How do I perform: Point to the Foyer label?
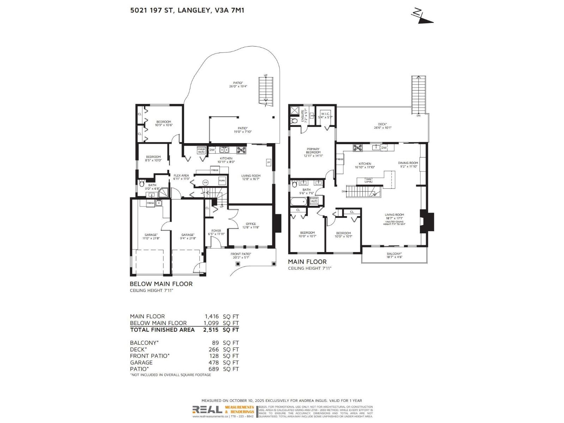[x=216, y=232]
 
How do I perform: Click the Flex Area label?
[x=181, y=177]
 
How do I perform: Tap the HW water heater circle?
[x=206, y=182]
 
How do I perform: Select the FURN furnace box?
[x=222, y=180]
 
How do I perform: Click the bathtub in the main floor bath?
[x=299, y=202]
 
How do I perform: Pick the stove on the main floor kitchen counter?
[x=357, y=148]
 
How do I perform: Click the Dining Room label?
[x=408, y=165]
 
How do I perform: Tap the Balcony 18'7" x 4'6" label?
[x=394, y=255]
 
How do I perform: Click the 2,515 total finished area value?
[x=211, y=330]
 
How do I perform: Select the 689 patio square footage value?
[x=213, y=369]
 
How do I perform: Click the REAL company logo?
[x=207, y=410]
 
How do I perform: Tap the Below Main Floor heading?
[x=161, y=284]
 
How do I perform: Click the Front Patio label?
[x=241, y=256]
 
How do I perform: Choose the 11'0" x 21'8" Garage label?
[x=151, y=237]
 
